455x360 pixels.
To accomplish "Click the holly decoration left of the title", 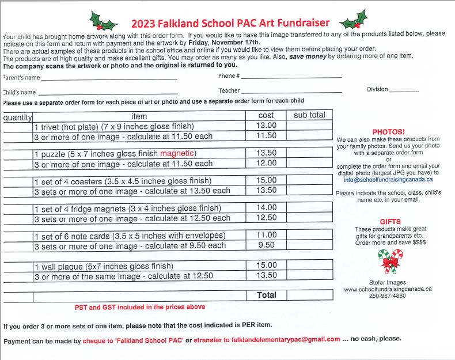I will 104,21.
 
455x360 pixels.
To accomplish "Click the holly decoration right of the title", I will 353,21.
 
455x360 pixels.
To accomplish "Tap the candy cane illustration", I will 390,262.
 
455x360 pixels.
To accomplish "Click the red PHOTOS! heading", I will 388,132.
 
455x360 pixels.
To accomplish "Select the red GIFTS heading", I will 390,222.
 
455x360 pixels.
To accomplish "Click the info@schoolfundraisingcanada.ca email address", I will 388,179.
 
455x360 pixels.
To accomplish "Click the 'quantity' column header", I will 17,116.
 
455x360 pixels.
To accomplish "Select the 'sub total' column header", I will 309,115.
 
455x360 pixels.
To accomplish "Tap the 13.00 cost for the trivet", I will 266,126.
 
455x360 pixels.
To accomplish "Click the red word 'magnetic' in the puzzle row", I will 179,153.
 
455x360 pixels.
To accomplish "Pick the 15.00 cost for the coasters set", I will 266,180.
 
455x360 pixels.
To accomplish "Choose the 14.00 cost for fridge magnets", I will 266,208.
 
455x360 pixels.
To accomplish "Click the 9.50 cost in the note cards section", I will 266,245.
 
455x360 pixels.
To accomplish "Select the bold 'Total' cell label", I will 266,295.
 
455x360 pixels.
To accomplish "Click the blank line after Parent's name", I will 109,78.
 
